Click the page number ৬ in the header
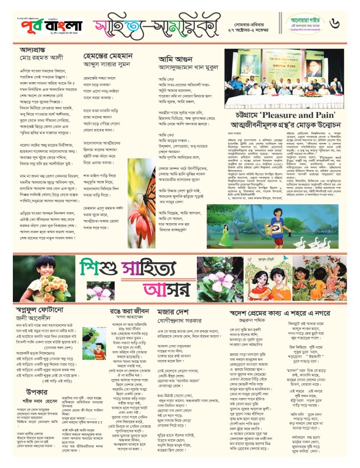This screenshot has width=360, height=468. coord(348,23)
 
